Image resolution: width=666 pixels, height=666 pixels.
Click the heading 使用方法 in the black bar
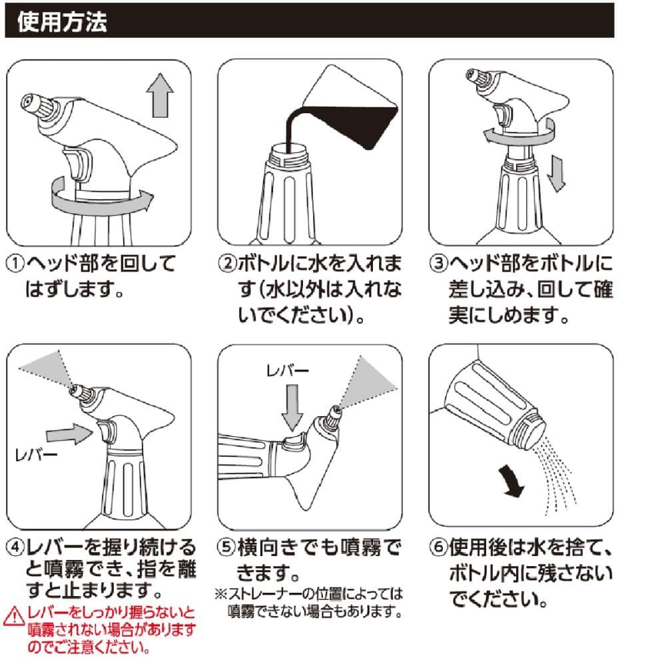pyautogui.click(x=62, y=21)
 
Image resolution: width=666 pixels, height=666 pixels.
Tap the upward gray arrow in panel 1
pyautogui.click(x=160, y=95)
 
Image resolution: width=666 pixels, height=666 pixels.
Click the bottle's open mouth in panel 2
pyautogui.click(x=289, y=149)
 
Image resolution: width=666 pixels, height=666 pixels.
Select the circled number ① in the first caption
pyautogui.click(x=15, y=263)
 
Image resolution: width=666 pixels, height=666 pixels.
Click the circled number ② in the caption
pyautogui.click(x=226, y=263)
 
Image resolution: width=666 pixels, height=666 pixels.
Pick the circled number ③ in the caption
pyautogui.click(x=438, y=263)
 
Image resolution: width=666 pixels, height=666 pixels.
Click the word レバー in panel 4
pyautogui.click(x=36, y=455)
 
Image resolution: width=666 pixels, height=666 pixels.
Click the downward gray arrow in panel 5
pyautogui.click(x=292, y=408)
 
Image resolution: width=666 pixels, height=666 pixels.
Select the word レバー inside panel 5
pyautogui.click(x=287, y=371)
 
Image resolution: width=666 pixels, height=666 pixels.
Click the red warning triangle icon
pyautogui.click(x=13, y=616)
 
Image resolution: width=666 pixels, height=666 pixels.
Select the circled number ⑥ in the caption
pyautogui.click(x=438, y=547)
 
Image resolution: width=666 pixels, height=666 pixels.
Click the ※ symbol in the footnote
pyautogui.click(x=221, y=594)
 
